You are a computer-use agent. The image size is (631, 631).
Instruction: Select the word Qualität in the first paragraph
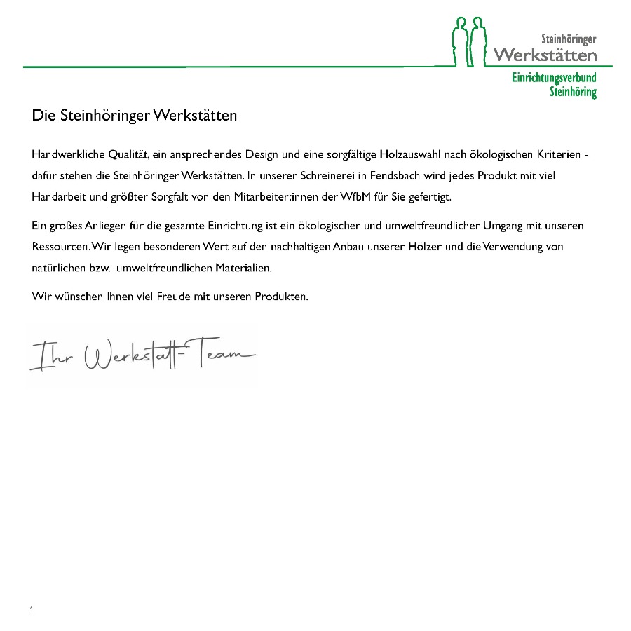pos(130,154)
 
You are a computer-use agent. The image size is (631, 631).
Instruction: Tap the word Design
pos(262,154)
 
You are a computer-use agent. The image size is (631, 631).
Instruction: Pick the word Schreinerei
pos(329,175)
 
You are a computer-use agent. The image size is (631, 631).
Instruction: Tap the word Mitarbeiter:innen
pos(273,196)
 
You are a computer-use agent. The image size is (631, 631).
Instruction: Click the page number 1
pos(32,610)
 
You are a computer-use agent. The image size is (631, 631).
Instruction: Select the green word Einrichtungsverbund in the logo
pos(554,79)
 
